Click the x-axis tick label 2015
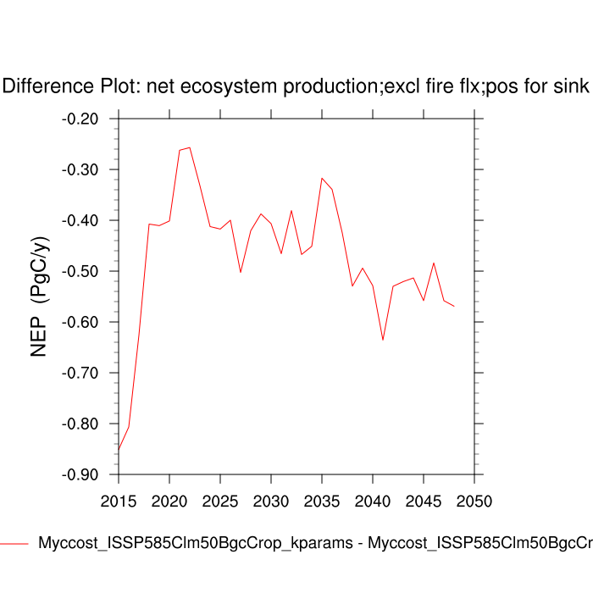point(119,501)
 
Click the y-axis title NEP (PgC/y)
point(39,296)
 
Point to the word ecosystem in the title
point(223,86)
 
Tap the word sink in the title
point(574,86)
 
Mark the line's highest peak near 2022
point(190,147)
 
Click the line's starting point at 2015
point(119,450)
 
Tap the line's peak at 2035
point(322,178)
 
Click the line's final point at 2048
point(454,306)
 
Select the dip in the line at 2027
point(241,272)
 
